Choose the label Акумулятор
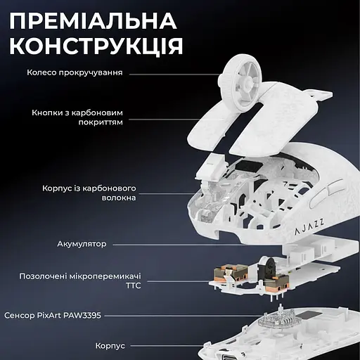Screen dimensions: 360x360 click(x=82, y=244)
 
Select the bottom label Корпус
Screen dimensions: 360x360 click(x=110, y=346)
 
